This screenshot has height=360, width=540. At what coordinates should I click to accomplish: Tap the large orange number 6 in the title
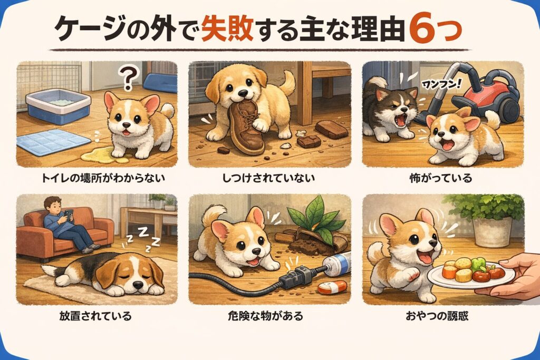pos(424,30)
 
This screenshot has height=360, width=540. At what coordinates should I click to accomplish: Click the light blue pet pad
pos(53,142)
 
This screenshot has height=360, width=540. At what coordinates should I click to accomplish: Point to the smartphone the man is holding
pos(69,215)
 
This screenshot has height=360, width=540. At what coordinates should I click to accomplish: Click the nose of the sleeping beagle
pos(138,284)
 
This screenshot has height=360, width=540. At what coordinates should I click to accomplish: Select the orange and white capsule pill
pos(332,287)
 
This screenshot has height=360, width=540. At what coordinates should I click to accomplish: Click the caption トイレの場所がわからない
pos(103,178)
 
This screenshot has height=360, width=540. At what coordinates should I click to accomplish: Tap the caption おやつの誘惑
pos(437,316)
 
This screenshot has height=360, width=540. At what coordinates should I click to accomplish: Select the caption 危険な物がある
pos(266,316)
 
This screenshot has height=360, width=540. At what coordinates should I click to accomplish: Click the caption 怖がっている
pos(440,178)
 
